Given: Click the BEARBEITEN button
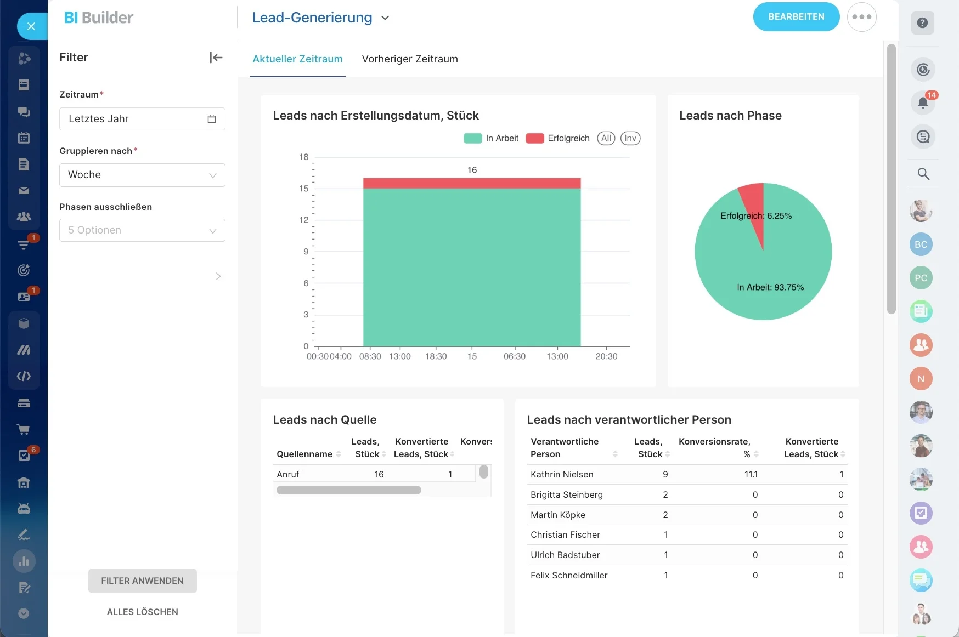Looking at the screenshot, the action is coord(796,17).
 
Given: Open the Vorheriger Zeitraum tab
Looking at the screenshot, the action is coord(410,59).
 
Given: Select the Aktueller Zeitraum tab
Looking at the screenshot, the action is coord(297,59).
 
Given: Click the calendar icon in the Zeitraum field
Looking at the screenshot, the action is coord(212,119).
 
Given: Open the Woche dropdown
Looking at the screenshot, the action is coord(142,175).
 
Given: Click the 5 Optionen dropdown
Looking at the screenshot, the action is coord(142,230).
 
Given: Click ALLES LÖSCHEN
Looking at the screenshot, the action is coord(142,612).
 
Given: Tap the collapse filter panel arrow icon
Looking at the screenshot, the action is coord(216,58).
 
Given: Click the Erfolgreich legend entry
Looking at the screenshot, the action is coord(557,138).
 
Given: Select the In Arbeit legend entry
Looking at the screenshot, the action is coord(491,138).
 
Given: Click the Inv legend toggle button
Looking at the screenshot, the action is coord(630,138).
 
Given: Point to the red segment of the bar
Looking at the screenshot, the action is coord(472,183).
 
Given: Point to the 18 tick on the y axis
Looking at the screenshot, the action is coord(304,157).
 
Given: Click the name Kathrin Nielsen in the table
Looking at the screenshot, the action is coord(562,474).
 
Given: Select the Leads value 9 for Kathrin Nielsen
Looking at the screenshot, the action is coord(665,474).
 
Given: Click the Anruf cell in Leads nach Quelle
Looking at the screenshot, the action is coord(288,474).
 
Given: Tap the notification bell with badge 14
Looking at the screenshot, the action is coord(923,102).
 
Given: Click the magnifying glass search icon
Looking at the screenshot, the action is coord(923,174).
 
